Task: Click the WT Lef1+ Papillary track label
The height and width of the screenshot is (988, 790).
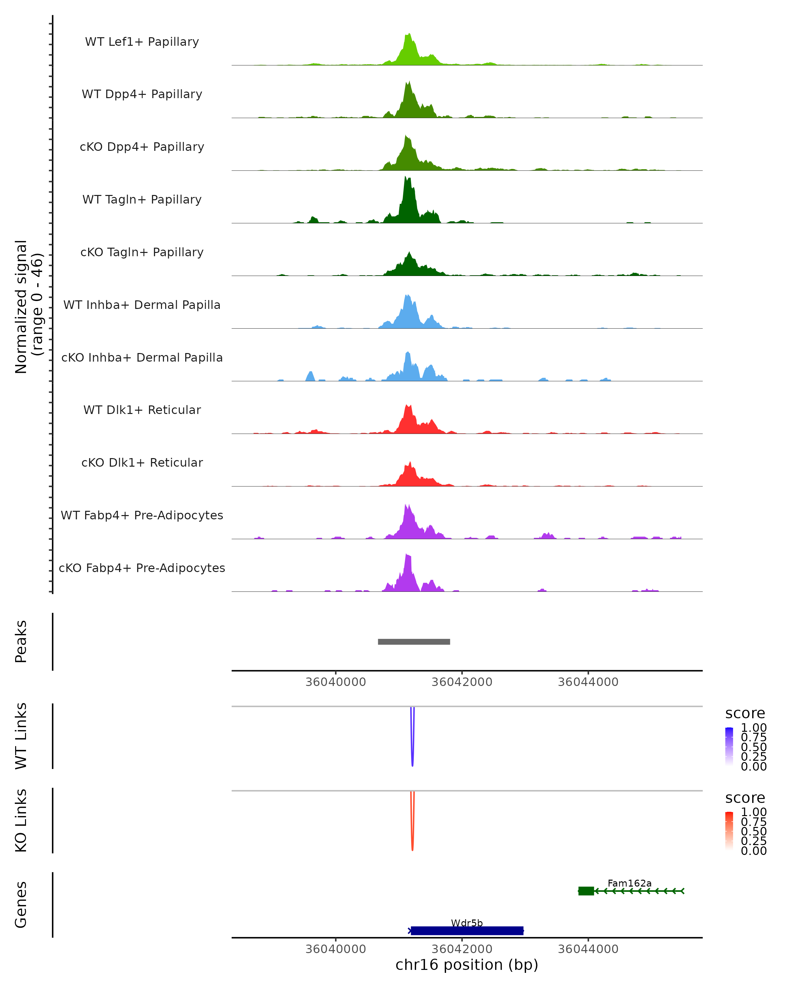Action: click(x=142, y=42)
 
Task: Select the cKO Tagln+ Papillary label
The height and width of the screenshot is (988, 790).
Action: click(x=142, y=252)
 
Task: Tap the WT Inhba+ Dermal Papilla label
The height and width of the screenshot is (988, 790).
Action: click(x=142, y=305)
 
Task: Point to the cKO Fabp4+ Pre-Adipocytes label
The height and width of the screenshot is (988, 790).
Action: click(x=142, y=568)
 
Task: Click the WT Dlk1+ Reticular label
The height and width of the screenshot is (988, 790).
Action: click(x=142, y=410)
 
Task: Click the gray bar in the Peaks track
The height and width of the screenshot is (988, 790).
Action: click(x=413, y=642)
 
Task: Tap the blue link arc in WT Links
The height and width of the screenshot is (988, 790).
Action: click(x=412, y=763)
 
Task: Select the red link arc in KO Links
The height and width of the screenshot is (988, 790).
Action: click(x=412, y=848)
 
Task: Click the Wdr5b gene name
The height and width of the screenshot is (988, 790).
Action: click(x=467, y=923)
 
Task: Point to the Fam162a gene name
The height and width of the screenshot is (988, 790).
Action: click(x=629, y=883)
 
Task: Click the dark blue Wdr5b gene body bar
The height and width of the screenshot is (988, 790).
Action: click(x=467, y=931)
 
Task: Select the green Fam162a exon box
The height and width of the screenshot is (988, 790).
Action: click(x=586, y=891)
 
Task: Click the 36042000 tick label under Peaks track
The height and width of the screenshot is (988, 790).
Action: click(x=461, y=682)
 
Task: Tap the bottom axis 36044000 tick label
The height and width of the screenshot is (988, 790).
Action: click(x=588, y=949)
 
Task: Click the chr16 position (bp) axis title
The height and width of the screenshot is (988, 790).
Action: click(x=467, y=965)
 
